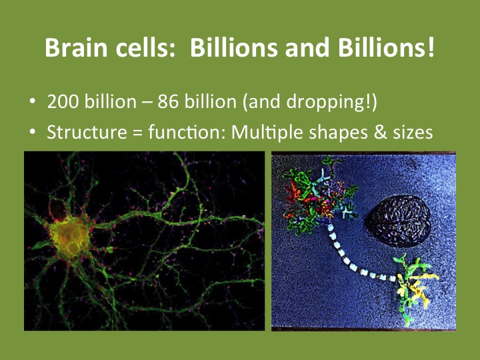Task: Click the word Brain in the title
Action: click(x=76, y=47)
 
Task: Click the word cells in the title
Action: click(x=145, y=47)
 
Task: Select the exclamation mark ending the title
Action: click(x=431, y=47)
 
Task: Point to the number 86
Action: click(x=168, y=101)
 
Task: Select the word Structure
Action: click(x=87, y=132)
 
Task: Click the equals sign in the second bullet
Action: click(x=137, y=133)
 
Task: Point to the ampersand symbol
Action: click(x=379, y=132)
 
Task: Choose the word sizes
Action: click(x=413, y=133)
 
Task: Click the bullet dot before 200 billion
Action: click(x=33, y=101)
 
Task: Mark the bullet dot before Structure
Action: click(x=33, y=131)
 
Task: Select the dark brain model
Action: click(x=399, y=221)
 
